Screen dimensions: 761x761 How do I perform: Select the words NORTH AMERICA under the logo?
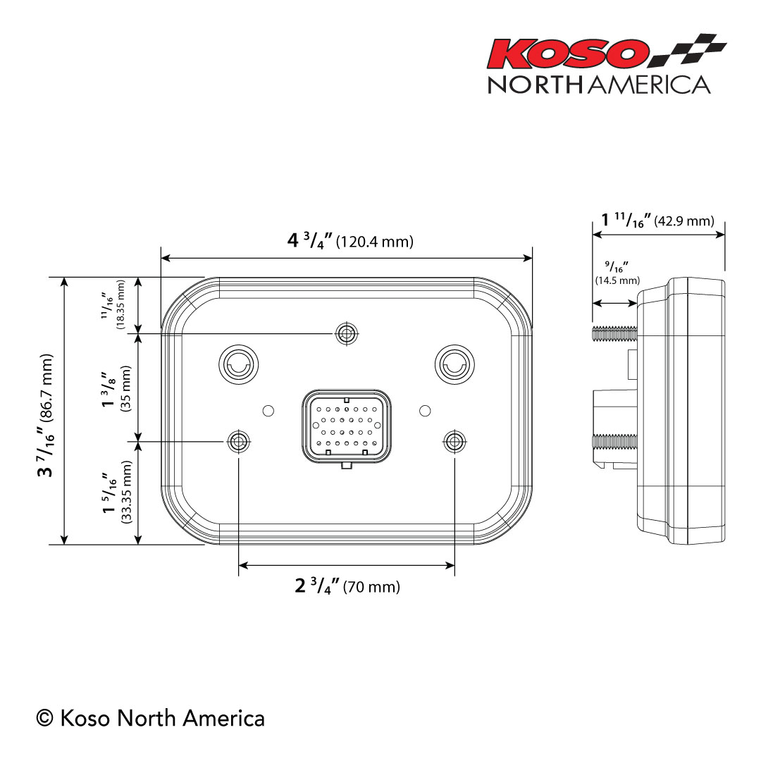pos(599,85)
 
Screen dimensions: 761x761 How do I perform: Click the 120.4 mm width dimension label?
pos(350,241)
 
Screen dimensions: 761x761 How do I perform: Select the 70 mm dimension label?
pos(347,586)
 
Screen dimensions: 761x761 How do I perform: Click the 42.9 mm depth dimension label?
pos(658,220)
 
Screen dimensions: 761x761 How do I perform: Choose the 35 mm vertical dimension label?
pos(116,388)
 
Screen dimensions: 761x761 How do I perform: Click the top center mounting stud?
pos(345,333)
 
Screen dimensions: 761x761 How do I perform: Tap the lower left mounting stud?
pos(239,442)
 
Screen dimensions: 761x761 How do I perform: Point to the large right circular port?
pos(454,363)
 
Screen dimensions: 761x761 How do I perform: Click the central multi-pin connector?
pos(346,427)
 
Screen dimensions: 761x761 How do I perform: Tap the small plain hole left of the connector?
pos(267,410)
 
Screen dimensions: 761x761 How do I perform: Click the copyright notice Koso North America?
pos(151,718)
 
